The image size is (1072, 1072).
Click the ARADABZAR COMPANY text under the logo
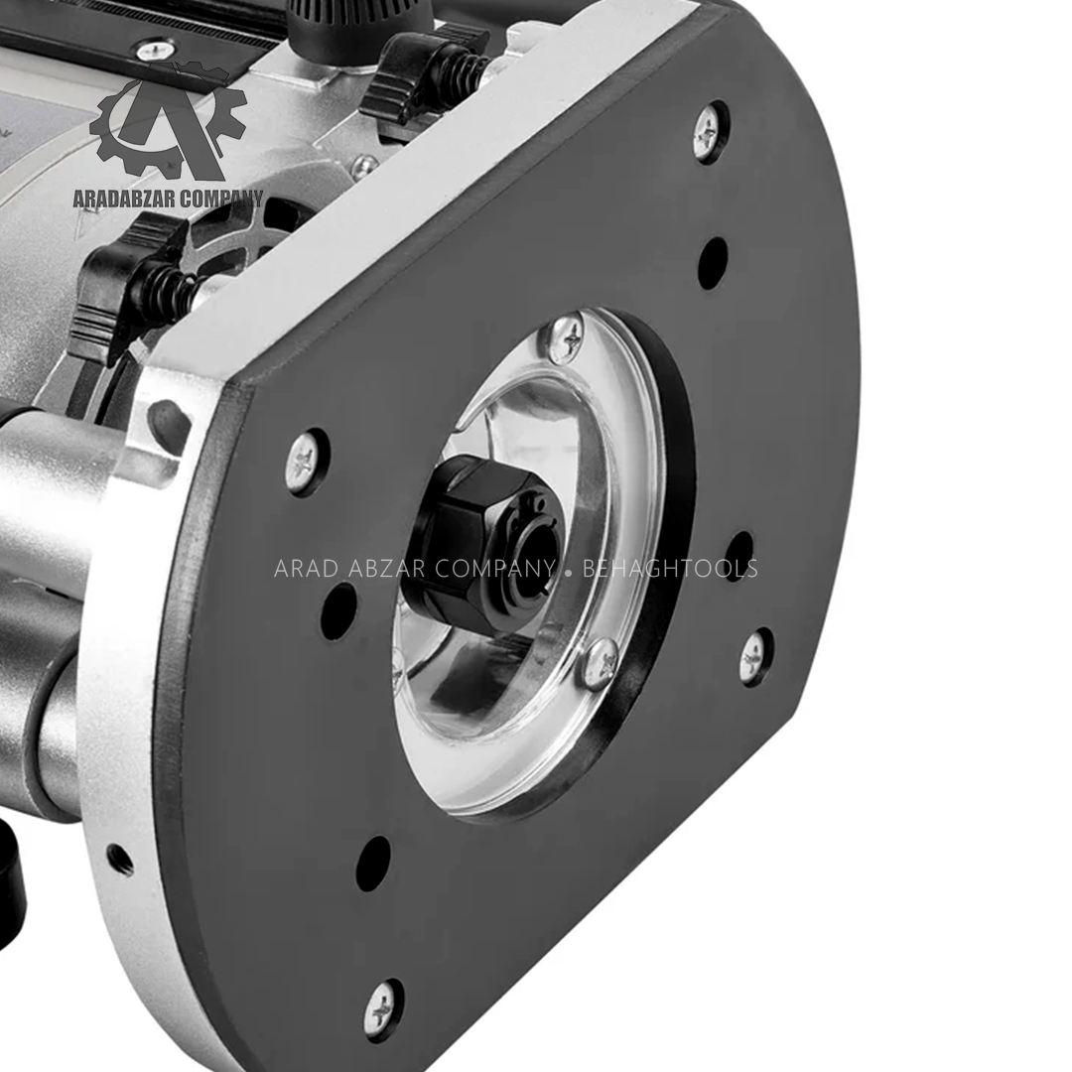pyautogui.click(x=168, y=199)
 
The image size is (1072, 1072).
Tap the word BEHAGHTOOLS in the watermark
pyautogui.click(x=670, y=569)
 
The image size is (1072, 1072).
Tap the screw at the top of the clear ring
pyautogui.click(x=566, y=337)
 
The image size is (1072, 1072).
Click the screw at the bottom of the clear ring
pyautogui.click(x=601, y=660)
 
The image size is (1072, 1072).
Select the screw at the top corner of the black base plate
pyautogui.click(x=710, y=132)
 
